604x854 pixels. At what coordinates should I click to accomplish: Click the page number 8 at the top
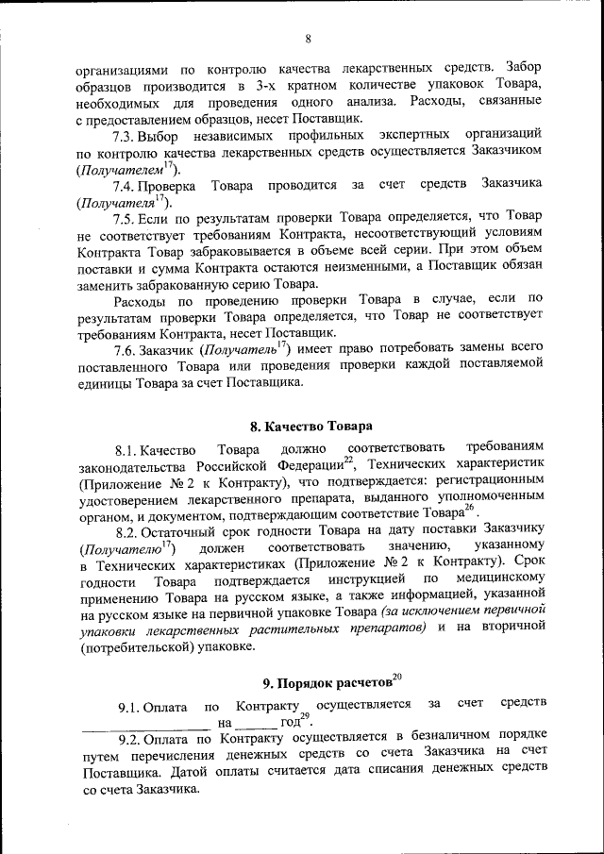[308, 39]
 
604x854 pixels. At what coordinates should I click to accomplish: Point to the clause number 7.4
[127, 183]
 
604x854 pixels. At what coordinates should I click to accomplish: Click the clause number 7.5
[127, 218]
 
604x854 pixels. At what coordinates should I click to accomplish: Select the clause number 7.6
[127, 349]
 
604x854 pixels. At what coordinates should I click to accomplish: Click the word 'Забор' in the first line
[524, 66]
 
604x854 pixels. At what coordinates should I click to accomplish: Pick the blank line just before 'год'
[256, 724]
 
